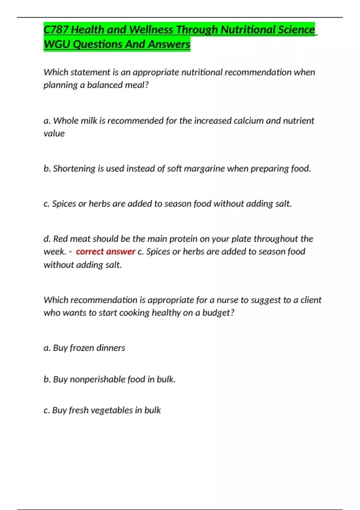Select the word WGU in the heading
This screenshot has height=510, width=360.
pos(57,44)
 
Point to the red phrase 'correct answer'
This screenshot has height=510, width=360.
pos(105,251)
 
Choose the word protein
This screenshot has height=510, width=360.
pos(183,239)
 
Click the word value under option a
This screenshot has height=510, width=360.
pos(54,133)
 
